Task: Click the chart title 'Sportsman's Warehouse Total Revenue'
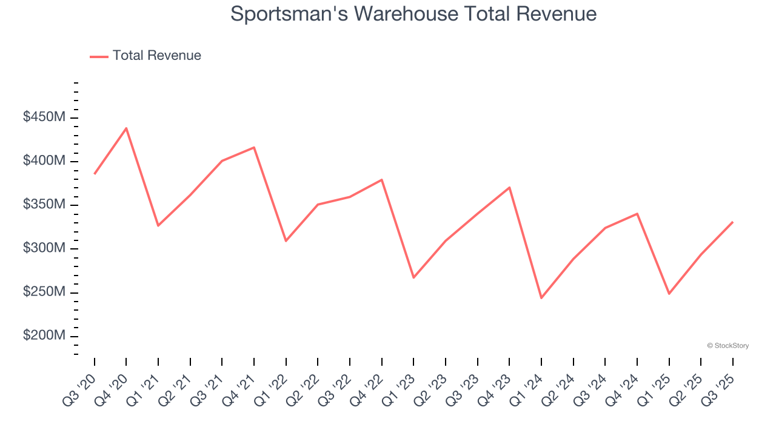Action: click(413, 14)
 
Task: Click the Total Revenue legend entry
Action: click(145, 56)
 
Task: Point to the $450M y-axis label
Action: click(44, 117)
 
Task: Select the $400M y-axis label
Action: click(44, 161)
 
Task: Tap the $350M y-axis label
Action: click(44, 205)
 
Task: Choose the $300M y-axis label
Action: click(44, 248)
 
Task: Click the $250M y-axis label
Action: click(44, 292)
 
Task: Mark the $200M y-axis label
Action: click(44, 335)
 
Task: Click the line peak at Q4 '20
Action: click(126, 128)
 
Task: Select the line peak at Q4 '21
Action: click(254, 148)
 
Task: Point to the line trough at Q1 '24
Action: click(541, 297)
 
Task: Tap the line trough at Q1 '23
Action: click(413, 277)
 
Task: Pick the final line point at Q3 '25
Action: click(732, 222)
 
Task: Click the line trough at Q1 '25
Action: click(669, 293)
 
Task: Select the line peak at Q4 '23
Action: click(509, 188)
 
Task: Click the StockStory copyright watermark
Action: click(727, 346)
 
